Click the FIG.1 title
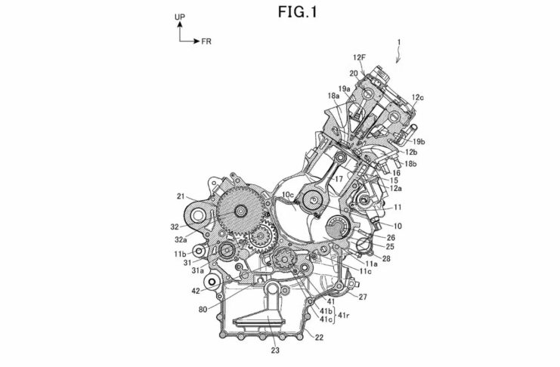tap(298, 12)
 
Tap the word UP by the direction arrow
tap(180, 17)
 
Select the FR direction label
tap(206, 42)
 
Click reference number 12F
tap(359, 57)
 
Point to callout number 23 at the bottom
tap(274, 350)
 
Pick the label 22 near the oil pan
tap(319, 337)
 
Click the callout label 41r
tap(343, 315)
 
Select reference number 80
tap(203, 310)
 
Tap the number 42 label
tap(195, 291)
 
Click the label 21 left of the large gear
tap(181, 196)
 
